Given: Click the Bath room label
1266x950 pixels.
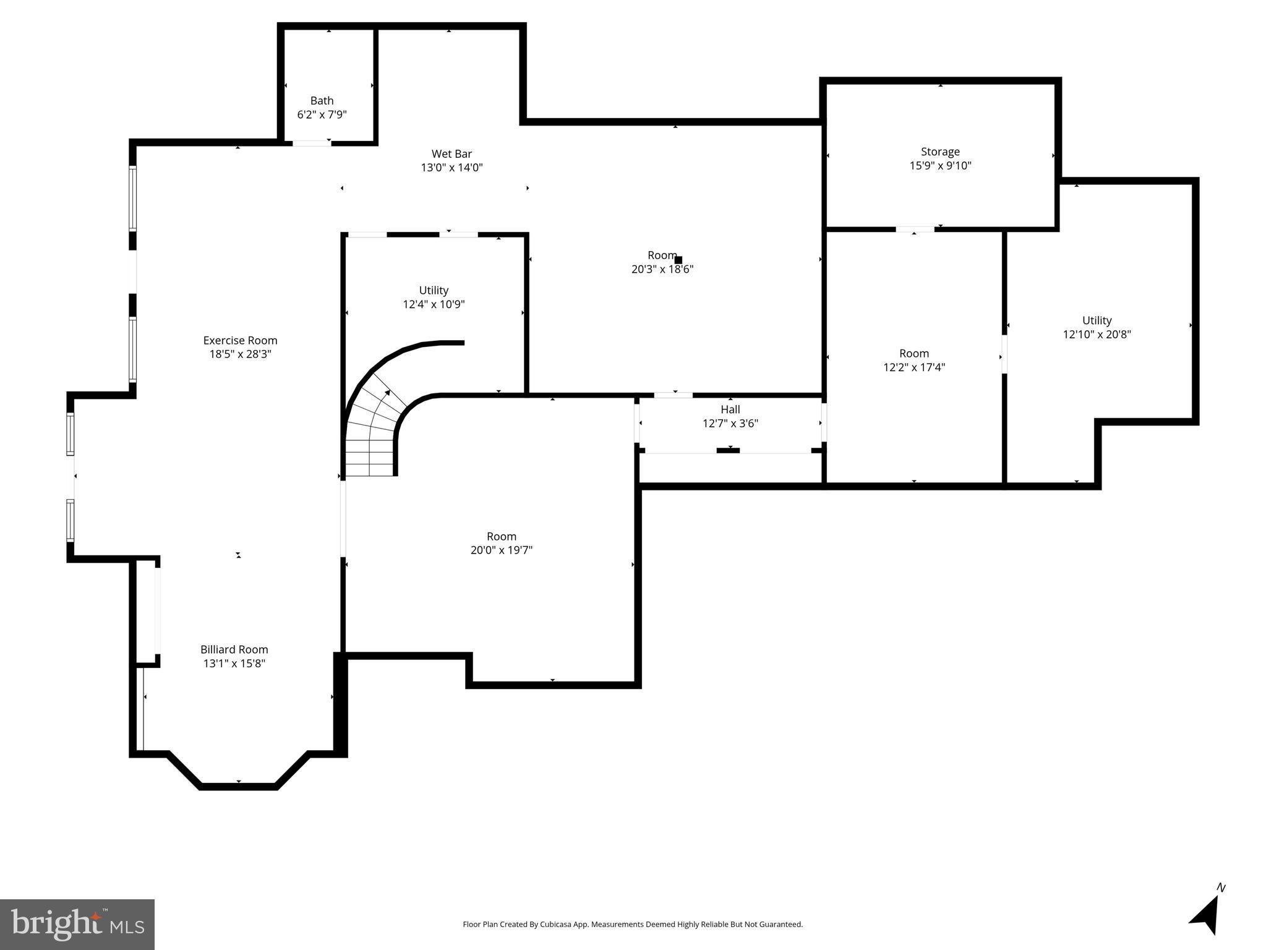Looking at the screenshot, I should click(322, 100).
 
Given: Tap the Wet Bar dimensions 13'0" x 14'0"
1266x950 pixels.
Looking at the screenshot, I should click(451, 168).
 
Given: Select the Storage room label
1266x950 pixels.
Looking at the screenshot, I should click(940, 152).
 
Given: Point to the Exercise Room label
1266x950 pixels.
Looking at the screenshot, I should click(240, 340).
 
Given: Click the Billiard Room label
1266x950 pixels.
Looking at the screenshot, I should click(234, 649).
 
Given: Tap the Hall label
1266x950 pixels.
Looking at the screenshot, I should click(730, 409).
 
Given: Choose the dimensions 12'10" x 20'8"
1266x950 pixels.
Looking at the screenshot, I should click(1097, 335).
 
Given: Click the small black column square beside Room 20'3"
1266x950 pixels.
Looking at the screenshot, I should click(678, 260).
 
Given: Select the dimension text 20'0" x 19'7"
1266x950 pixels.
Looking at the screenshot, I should click(501, 550).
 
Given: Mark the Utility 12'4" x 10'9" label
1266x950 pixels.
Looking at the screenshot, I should click(434, 290).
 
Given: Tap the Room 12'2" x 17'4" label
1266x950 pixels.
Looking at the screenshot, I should click(913, 353).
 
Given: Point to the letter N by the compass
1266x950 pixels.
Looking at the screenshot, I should click(1221, 888).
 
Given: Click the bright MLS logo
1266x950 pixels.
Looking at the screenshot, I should click(77, 924).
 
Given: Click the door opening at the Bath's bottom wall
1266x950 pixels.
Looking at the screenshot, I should click(312, 143).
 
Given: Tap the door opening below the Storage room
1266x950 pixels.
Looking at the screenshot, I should click(915, 229).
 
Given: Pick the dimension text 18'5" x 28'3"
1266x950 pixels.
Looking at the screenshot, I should click(240, 354).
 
